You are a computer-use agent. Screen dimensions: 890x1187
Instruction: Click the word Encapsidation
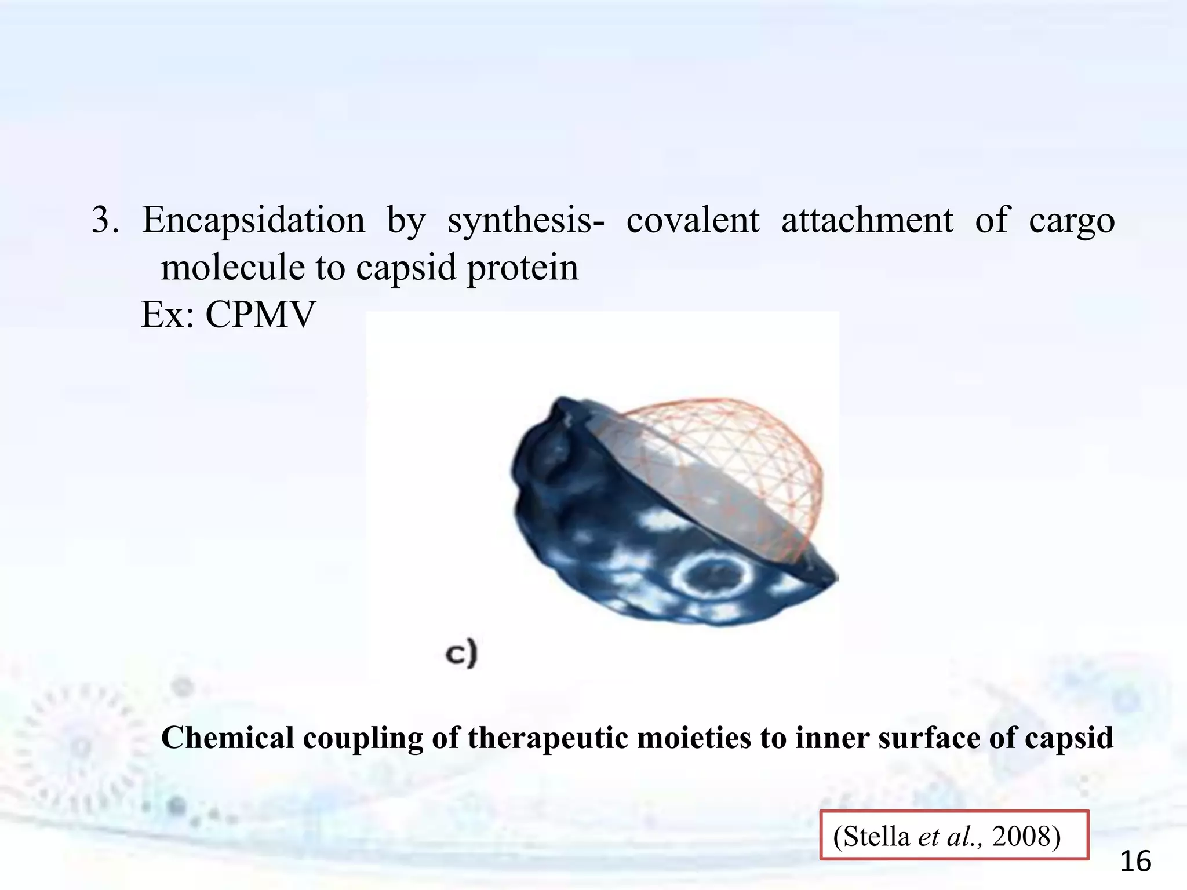pyautogui.click(x=253, y=221)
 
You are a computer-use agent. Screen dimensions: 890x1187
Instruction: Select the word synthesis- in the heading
pyautogui.click(x=525, y=221)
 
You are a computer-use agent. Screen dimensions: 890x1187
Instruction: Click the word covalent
pyautogui.click(x=693, y=221)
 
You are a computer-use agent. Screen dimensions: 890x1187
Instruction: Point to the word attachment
pyautogui.click(x=866, y=221)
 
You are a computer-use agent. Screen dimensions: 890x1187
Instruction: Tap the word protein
pyautogui.click(x=522, y=269)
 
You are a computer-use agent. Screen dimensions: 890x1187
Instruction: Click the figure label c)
pyautogui.click(x=461, y=653)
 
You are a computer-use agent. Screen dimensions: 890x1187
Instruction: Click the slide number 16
pyautogui.click(x=1135, y=862)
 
